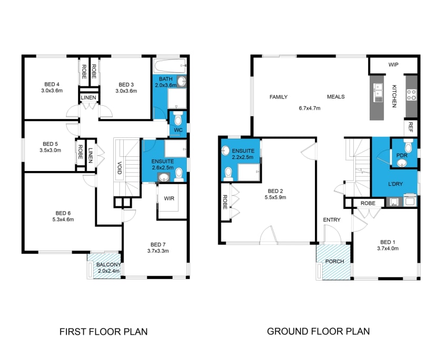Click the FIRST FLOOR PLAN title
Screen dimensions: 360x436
click(103, 332)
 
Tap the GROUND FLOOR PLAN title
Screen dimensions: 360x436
click(318, 332)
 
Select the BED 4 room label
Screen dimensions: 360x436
click(51, 84)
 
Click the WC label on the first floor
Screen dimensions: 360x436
click(177, 129)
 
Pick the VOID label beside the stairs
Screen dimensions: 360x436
click(120, 168)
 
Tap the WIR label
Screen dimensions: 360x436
click(169, 198)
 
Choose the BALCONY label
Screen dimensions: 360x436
click(109, 265)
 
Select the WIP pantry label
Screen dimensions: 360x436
click(393, 65)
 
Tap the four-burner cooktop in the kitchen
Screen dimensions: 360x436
click(411, 95)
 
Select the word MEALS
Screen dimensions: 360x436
click(335, 97)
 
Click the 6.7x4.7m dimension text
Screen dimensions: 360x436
click(309, 108)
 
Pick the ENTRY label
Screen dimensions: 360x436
click(332, 220)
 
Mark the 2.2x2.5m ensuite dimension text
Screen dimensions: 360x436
click(243, 157)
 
